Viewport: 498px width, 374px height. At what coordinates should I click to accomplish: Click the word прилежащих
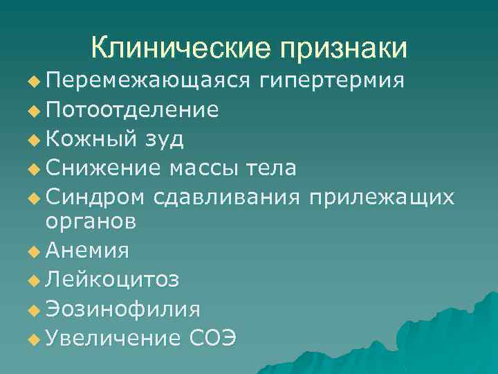click(x=382, y=197)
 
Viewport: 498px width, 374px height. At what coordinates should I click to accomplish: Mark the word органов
click(x=91, y=221)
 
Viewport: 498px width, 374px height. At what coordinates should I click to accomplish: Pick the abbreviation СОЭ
click(x=211, y=338)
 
